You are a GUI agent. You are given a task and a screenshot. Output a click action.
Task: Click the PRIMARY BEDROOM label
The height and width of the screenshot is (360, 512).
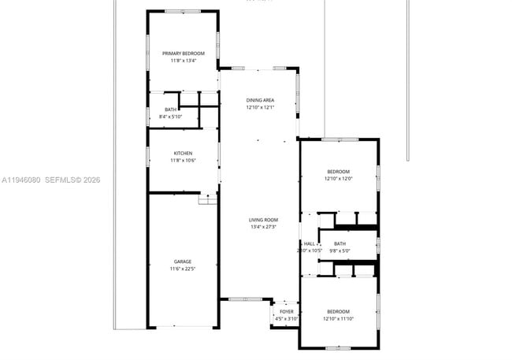(183, 54)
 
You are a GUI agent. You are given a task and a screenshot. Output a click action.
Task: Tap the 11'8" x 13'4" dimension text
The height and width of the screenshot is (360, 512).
(183, 61)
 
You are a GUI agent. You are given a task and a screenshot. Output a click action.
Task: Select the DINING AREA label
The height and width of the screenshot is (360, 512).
(260, 100)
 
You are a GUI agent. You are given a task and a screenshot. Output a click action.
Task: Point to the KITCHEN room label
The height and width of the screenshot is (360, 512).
(183, 153)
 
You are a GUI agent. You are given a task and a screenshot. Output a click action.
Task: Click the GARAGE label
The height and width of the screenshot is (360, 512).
(183, 262)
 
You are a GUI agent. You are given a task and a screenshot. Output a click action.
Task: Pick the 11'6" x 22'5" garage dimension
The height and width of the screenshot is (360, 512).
(183, 269)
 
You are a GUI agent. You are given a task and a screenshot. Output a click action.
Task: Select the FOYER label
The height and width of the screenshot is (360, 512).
(287, 311)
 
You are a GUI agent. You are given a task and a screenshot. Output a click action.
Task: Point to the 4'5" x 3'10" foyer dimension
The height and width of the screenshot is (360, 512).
(287, 318)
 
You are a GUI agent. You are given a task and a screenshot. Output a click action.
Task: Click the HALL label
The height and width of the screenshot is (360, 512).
(310, 243)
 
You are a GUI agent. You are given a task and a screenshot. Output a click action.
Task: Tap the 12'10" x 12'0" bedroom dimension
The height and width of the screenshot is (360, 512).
(339, 179)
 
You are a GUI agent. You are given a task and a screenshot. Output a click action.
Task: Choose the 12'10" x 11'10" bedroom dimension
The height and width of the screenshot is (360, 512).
(339, 318)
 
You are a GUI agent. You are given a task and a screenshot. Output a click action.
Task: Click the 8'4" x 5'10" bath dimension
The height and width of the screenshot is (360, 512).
(171, 117)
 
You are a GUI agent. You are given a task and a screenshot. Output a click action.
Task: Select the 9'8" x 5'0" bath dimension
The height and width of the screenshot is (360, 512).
(339, 251)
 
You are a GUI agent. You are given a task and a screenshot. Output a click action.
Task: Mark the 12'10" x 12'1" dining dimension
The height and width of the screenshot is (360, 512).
(260, 108)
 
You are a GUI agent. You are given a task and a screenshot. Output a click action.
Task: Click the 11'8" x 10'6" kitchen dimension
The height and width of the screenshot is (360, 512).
(183, 161)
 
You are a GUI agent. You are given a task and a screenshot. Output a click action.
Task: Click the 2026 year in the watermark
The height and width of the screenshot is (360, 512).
(92, 180)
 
